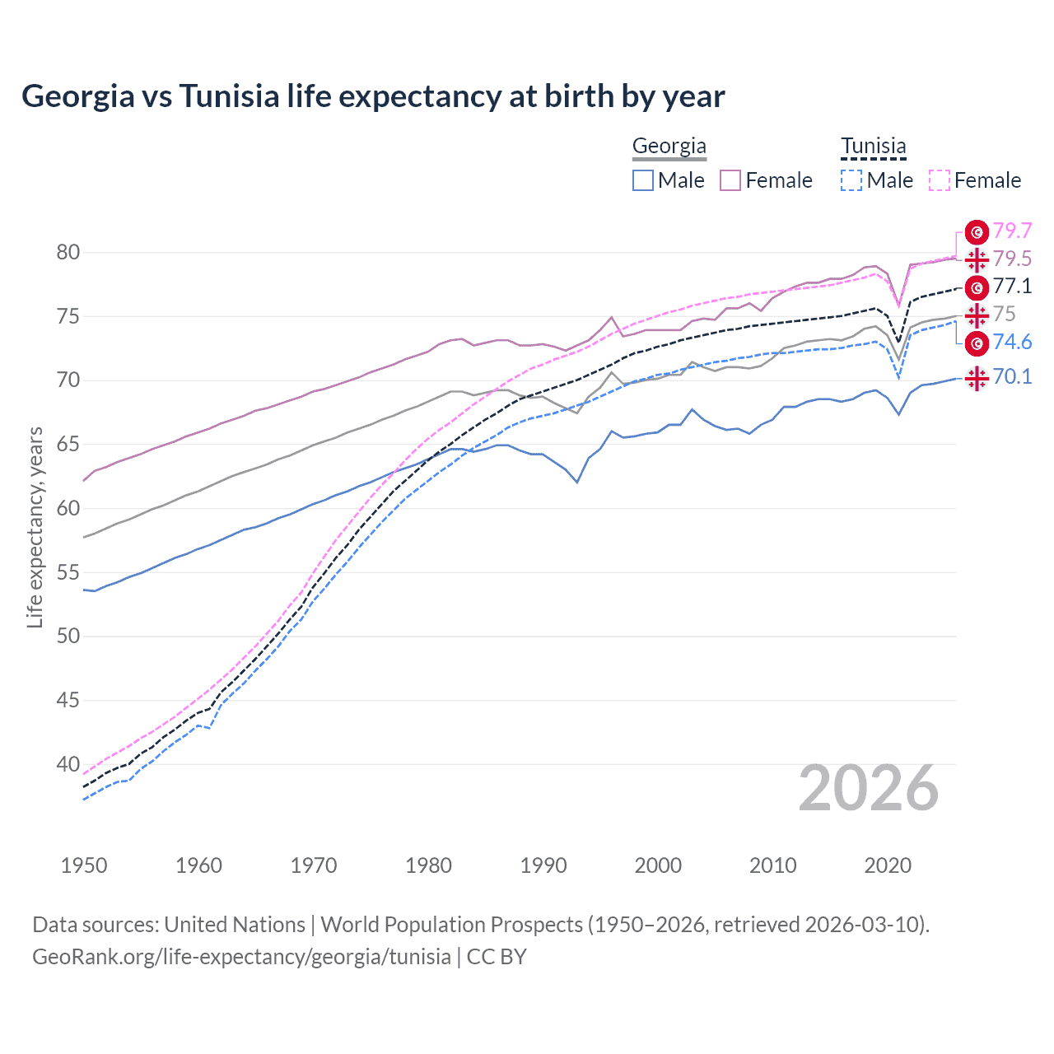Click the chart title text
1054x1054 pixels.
(x=373, y=96)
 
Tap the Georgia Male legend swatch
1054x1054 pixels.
(x=643, y=180)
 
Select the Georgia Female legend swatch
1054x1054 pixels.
(x=730, y=180)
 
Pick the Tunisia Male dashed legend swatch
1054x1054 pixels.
(x=851, y=180)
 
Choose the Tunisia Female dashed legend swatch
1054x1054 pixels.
(x=940, y=180)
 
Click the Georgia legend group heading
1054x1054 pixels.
(x=669, y=147)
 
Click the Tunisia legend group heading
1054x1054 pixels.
(x=873, y=147)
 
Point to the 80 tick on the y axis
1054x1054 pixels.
(x=68, y=253)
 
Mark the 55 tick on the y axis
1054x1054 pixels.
(x=68, y=572)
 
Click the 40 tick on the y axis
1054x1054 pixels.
(x=68, y=764)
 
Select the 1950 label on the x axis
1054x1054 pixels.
(x=84, y=865)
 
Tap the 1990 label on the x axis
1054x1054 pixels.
(x=543, y=865)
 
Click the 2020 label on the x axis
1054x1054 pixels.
(x=888, y=865)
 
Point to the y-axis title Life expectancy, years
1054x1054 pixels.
(x=35, y=527)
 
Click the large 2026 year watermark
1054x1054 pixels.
(x=869, y=788)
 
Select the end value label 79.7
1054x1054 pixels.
(x=1012, y=231)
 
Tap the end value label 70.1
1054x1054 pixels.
(x=1012, y=377)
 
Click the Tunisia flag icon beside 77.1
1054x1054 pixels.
(x=977, y=287)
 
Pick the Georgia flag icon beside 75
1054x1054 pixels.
(x=977, y=315)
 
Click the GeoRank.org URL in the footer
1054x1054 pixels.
(x=241, y=957)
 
